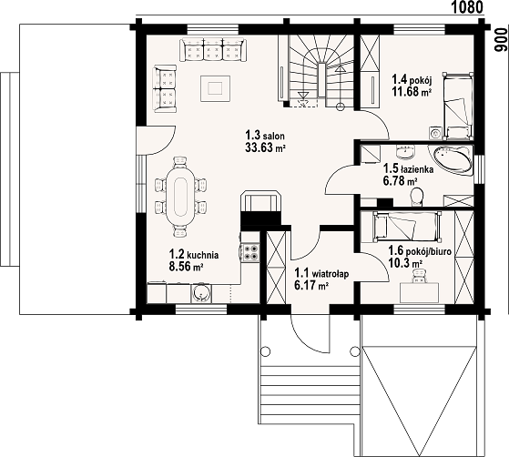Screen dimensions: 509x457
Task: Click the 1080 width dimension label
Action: (x=467, y=7)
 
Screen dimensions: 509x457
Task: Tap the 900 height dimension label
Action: (x=500, y=40)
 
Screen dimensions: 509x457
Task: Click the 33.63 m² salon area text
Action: (x=265, y=147)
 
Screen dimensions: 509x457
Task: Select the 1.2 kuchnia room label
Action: (x=194, y=255)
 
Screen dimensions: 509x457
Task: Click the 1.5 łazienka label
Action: (x=408, y=168)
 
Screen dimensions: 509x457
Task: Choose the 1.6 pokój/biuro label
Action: (x=420, y=250)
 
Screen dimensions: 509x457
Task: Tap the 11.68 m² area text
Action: (x=412, y=92)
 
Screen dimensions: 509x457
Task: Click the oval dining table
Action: (x=181, y=195)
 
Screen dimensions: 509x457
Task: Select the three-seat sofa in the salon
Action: (x=213, y=49)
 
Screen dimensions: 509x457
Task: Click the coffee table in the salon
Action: (x=215, y=88)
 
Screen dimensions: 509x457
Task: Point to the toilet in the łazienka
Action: (x=417, y=197)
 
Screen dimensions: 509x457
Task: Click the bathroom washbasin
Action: (x=406, y=152)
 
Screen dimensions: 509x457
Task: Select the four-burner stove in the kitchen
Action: (x=251, y=253)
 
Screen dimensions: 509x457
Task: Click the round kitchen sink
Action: (x=201, y=294)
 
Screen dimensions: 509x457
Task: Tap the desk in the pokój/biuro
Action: (x=420, y=292)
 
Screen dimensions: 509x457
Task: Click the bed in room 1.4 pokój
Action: (x=457, y=107)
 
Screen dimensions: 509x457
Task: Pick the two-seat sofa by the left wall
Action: (x=165, y=88)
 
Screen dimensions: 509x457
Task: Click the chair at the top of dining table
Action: (x=180, y=162)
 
